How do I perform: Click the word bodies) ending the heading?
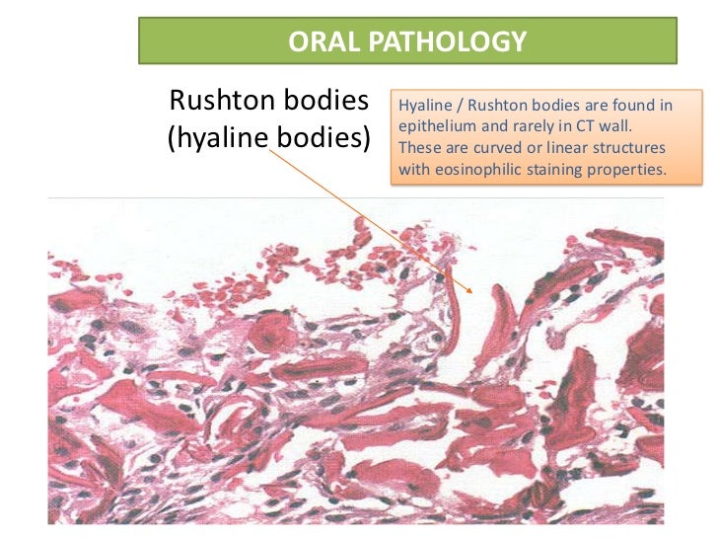319,138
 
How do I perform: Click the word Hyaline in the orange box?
422,105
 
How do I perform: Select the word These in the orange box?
418,148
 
